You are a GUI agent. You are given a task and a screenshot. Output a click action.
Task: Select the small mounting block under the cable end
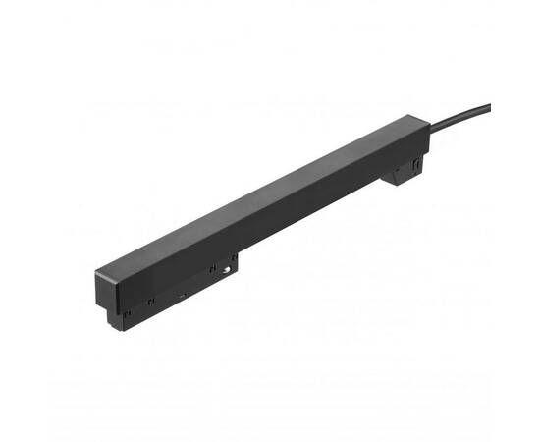pos(405,173)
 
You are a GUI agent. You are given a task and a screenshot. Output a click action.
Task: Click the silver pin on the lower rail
pos(227,268)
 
